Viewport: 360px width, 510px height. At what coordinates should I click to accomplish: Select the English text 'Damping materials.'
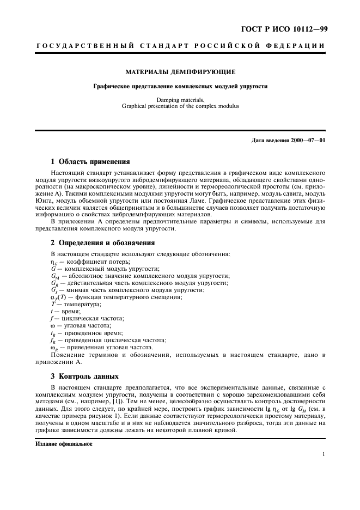(180, 100)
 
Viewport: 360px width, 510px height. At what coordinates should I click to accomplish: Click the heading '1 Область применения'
(90, 161)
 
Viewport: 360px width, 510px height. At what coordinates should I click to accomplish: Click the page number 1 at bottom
(324, 455)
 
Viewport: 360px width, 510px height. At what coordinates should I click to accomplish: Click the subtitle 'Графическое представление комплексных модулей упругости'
(180, 86)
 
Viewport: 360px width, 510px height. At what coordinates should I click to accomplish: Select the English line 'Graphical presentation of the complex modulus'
(180, 106)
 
